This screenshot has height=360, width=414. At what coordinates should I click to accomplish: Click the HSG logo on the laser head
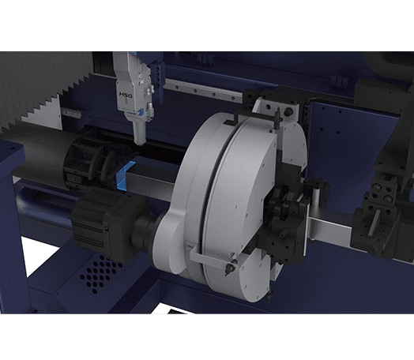(126, 95)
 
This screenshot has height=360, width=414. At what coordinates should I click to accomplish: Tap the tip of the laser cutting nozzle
(139, 144)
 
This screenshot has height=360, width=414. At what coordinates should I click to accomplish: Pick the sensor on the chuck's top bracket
(277, 118)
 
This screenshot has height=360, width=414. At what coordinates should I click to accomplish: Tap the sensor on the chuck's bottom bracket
(229, 267)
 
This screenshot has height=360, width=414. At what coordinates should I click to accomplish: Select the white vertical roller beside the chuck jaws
(315, 200)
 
